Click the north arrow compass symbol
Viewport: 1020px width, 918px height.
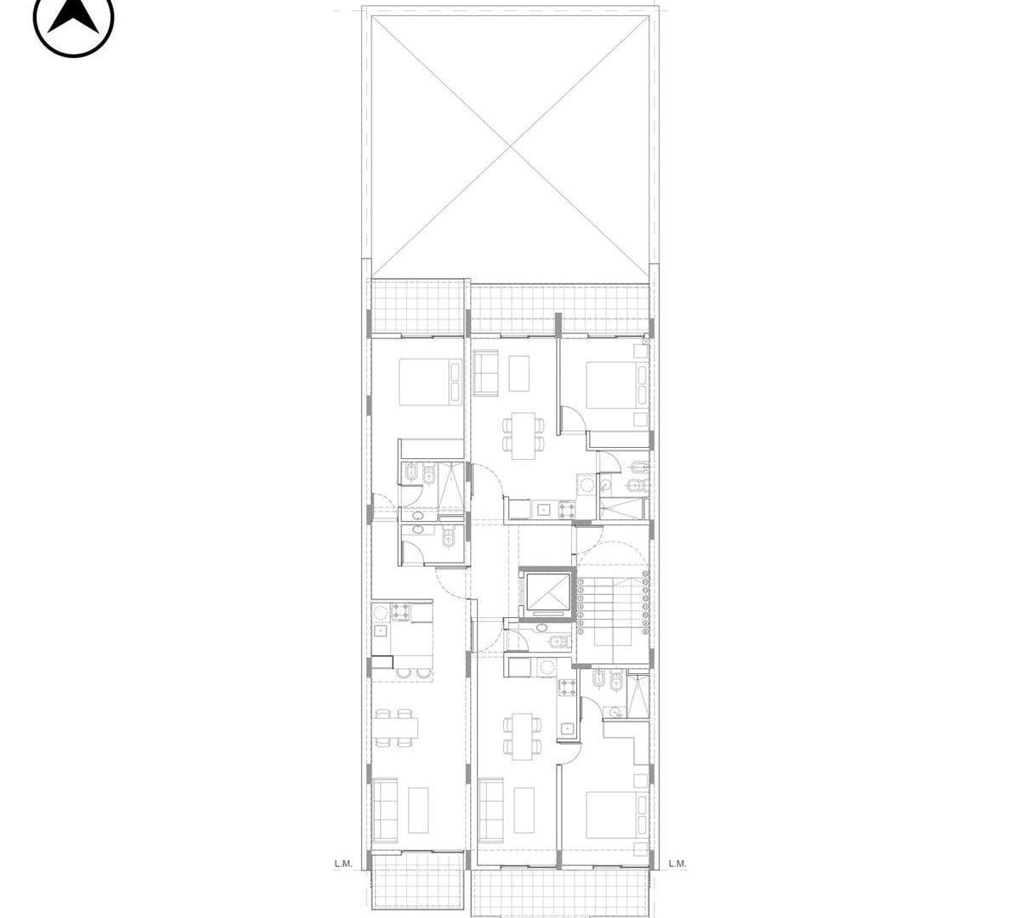pos(73,19)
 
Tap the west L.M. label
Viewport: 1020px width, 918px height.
pos(343,863)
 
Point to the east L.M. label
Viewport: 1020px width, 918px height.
pos(677,863)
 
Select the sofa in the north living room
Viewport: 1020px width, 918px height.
pos(486,373)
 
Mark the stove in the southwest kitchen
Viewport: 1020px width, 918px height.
pos(400,612)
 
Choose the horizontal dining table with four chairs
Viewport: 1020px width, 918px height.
pos(397,728)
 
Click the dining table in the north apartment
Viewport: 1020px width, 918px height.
pos(524,435)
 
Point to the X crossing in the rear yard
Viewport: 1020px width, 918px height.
pos(510,147)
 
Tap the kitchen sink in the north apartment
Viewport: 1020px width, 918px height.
pos(543,508)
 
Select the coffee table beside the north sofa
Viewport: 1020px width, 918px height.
pos(519,373)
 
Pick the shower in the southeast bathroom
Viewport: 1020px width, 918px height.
pos(637,695)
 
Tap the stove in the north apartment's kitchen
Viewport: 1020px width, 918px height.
pos(567,509)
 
